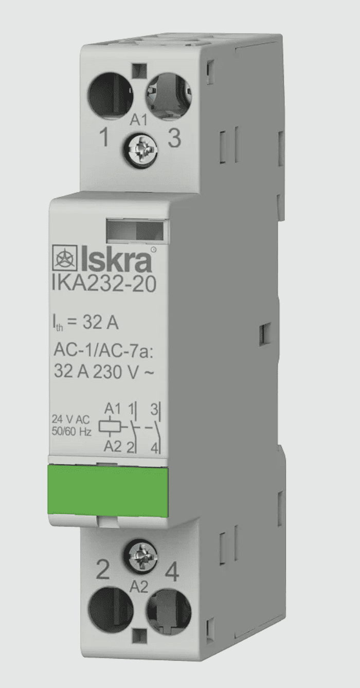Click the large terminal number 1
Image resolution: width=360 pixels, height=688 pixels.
pos(104,137)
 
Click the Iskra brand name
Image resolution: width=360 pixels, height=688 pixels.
pos(117,261)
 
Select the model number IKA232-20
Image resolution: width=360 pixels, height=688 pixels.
pos(103,285)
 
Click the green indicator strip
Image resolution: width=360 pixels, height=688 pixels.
pos(109,490)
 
